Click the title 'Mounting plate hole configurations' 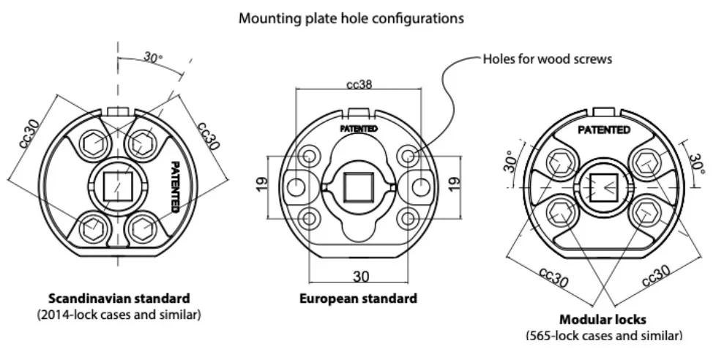[351, 19]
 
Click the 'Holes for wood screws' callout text [548, 59]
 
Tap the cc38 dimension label [359, 85]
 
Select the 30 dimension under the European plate [361, 277]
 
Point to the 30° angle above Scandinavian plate [152, 57]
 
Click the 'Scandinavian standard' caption [119, 299]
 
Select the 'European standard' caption [358, 299]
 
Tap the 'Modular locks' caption [603, 320]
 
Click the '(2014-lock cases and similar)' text [119, 315]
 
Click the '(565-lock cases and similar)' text [603, 336]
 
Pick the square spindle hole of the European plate [359, 186]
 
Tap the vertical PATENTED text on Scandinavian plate [175, 186]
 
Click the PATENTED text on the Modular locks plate [604, 130]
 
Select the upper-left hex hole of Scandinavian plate [93, 143]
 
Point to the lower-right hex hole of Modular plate [646, 212]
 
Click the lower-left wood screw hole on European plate [310, 217]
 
